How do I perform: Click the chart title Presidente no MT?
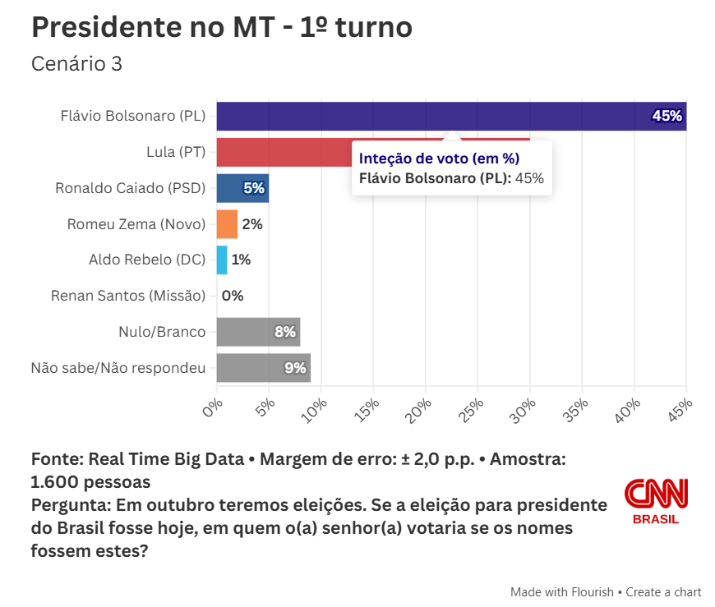click(x=221, y=28)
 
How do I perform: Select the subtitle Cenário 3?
click(x=76, y=64)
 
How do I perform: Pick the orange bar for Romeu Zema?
click(x=227, y=223)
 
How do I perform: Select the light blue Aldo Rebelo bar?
click(x=222, y=260)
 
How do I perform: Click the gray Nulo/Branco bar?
click(x=247, y=332)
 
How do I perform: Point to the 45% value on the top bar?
click(x=667, y=116)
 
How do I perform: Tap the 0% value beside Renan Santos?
click(x=233, y=296)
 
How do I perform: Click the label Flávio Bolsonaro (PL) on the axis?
click(x=132, y=116)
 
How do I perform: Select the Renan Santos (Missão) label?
click(x=127, y=296)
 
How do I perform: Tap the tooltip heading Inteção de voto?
click(x=439, y=159)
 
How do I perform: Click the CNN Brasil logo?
click(x=656, y=500)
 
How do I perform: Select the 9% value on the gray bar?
click(x=295, y=368)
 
